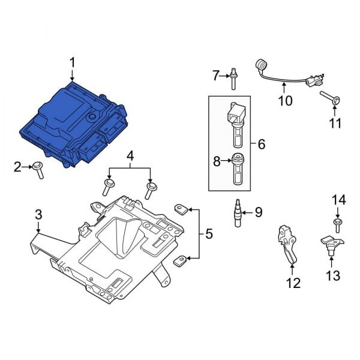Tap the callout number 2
pos(18,166)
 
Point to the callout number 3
pos(38,214)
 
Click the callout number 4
pos(130,158)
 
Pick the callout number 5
pos(208,233)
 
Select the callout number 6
pos(261,144)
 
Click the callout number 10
pos(286,100)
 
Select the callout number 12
pos(293,283)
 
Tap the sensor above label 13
pos(329,245)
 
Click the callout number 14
pos(339,199)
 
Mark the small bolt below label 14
pos(337,225)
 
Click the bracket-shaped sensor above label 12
pos(287,240)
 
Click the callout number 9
pos(259,211)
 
